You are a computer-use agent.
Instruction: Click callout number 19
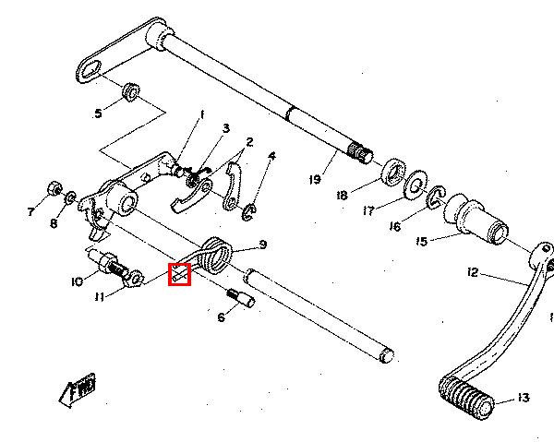[316, 180]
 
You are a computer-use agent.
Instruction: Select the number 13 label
[524, 399]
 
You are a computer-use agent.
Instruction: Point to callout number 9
[262, 245]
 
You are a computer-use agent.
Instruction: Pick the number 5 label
[98, 113]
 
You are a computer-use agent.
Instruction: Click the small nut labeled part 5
[130, 92]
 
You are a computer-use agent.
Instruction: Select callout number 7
[30, 212]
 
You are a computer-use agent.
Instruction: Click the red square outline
[179, 274]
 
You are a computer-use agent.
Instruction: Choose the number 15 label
[422, 242]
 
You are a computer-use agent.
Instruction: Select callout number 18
[342, 195]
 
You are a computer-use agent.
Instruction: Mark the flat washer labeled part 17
[415, 183]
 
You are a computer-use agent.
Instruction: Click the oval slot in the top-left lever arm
[90, 70]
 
